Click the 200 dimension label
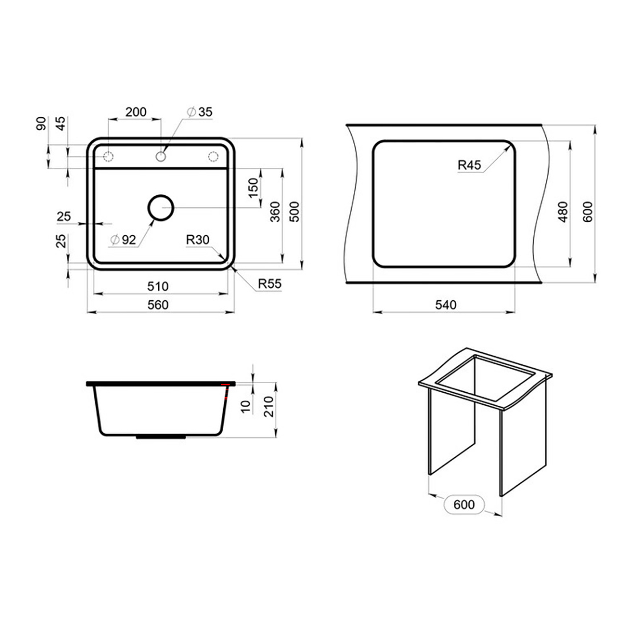tap(136, 112)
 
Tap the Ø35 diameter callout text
tap(199, 112)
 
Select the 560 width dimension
tap(158, 305)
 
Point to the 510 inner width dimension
tap(158, 287)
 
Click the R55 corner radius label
tap(269, 284)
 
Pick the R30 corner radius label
tap(198, 240)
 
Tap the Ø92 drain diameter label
tap(123, 240)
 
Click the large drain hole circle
tap(160, 196)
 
